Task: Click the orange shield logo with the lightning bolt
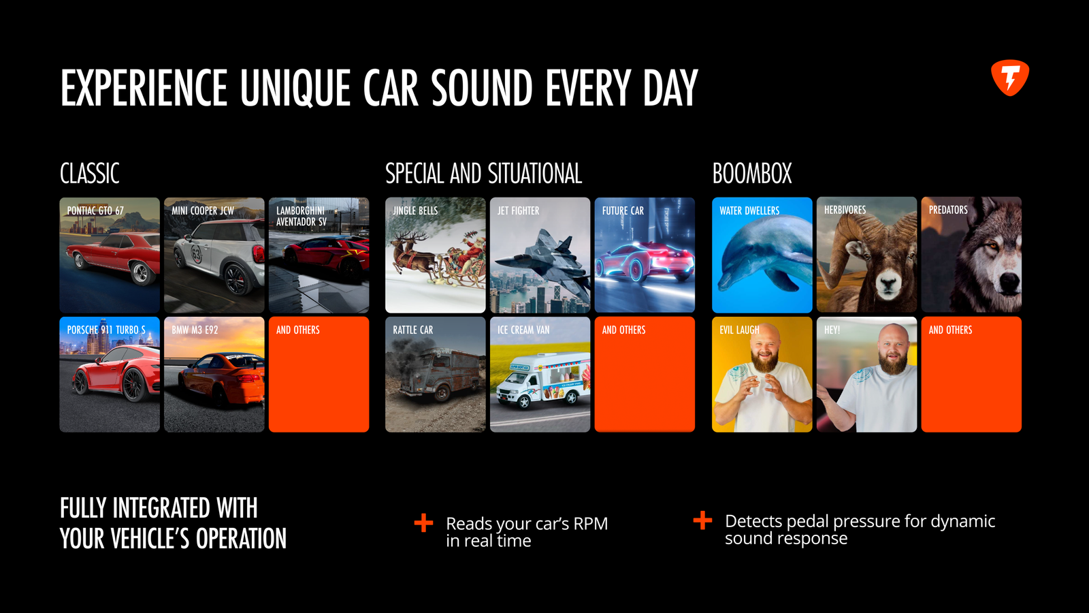(x=1010, y=78)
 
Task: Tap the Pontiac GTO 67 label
(x=95, y=210)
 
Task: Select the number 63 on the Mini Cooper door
(x=197, y=254)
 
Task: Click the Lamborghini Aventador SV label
(x=302, y=216)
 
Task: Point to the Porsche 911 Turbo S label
(x=106, y=330)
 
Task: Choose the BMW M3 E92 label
(x=195, y=330)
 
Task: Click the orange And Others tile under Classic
(x=319, y=375)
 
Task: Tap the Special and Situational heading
(x=484, y=174)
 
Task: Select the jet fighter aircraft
(x=542, y=259)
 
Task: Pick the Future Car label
(x=623, y=210)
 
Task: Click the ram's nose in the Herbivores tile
(x=888, y=285)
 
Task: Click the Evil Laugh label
(x=739, y=330)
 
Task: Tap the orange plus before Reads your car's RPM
(x=423, y=523)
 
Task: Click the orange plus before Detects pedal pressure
(x=702, y=520)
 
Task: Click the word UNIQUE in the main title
(x=295, y=88)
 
